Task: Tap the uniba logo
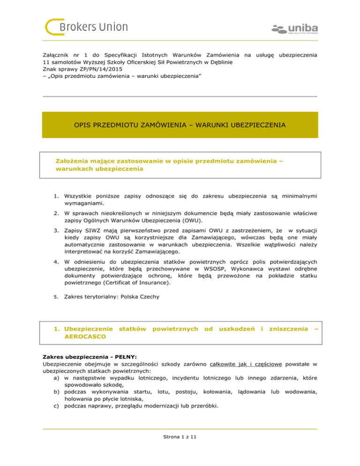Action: point(294,28)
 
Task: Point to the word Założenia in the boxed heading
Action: point(73,161)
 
